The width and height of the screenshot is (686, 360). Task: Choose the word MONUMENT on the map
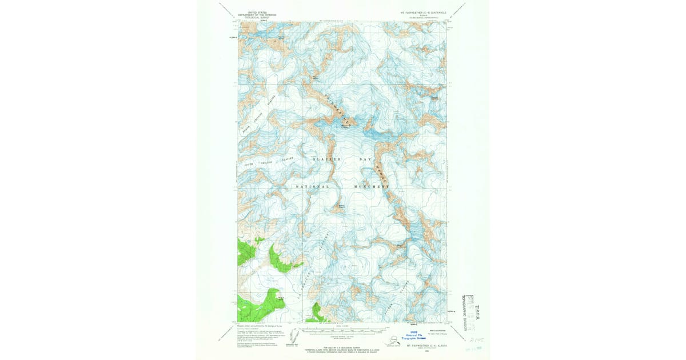372,187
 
